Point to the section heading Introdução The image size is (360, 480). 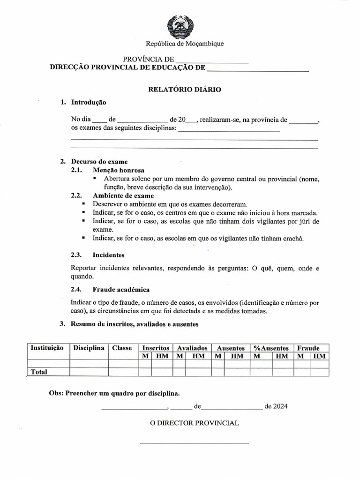89,102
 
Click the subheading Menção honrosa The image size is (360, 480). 119,170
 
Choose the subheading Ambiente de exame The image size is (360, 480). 123,195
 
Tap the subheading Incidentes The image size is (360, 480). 108,255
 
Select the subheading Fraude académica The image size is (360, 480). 121,290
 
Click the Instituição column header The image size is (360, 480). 47,348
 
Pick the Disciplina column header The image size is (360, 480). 89,348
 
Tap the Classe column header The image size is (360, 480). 122,348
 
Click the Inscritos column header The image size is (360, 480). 156,348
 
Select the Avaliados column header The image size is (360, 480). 192,348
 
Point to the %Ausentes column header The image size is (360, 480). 271,348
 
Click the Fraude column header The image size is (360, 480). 308,348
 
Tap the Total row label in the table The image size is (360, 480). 39,372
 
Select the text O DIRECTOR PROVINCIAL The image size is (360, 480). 194,423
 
